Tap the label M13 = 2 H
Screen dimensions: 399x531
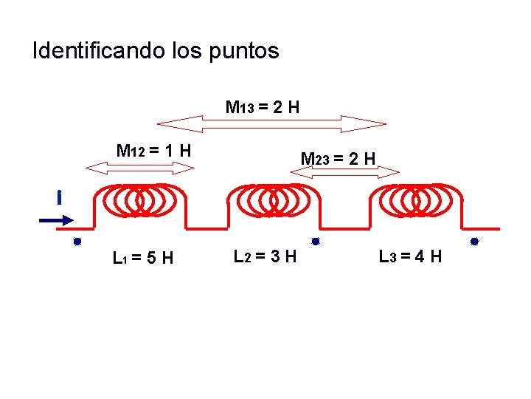[263, 107]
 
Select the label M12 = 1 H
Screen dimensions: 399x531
[154, 151]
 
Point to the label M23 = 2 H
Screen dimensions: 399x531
[339, 158]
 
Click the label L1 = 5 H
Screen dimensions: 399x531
[143, 258]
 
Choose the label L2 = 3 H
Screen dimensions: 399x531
[265, 257]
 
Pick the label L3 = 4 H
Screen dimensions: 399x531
[410, 257]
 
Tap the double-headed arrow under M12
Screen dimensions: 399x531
[140, 168]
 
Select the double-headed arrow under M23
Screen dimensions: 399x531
[345, 172]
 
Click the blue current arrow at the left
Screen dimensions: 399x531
[56, 219]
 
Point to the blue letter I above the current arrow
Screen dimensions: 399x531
[58, 198]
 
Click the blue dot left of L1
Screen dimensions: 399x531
[76, 242]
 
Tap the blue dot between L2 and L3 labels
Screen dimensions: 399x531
[315, 241]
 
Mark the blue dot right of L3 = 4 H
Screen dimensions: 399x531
[475, 242]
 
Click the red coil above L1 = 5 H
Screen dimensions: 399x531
[140, 199]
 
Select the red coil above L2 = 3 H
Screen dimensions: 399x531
[273, 199]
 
